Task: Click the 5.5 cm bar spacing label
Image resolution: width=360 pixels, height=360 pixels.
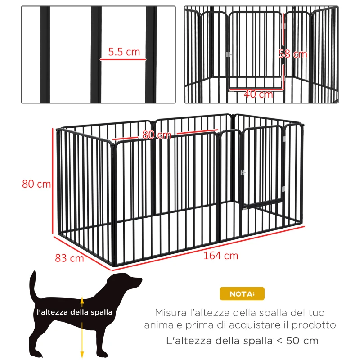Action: (x=124, y=52)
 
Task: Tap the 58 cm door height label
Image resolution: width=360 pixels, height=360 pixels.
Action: (x=293, y=54)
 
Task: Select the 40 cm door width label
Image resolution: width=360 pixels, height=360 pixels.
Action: (x=258, y=94)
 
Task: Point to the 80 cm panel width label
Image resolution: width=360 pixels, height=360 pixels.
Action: (x=157, y=135)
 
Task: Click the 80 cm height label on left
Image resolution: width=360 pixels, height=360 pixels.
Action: (x=36, y=184)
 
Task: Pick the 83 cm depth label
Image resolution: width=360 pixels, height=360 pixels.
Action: (x=70, y=258)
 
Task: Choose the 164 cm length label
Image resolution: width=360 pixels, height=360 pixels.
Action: (x=220, y=256)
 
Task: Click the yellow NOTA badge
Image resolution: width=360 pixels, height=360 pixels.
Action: (x=242, y=294)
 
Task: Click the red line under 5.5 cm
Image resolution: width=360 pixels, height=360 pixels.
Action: (x=124, y=59)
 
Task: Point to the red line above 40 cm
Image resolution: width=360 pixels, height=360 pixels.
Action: (x=256, y=89)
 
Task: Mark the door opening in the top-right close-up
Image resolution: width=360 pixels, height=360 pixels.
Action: (x=256, y=49)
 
